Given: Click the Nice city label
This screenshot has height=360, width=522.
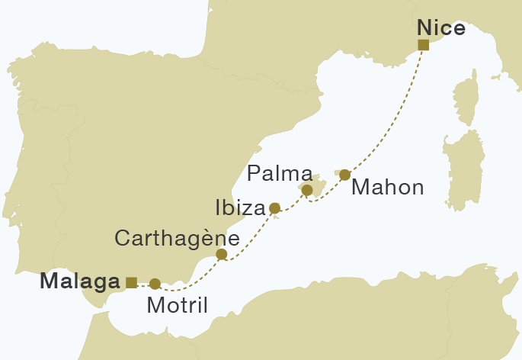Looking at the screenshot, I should click(x=441, y=28).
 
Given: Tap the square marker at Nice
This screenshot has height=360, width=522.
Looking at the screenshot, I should click(x=424, y=45).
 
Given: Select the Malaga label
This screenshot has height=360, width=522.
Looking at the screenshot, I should click(x=79, y=281).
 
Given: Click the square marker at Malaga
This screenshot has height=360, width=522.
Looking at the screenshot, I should click(x=131, y=282).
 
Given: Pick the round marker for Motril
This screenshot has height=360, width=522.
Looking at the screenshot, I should click(x=155, y=284).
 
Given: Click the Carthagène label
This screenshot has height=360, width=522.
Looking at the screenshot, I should click(x=178, y=238).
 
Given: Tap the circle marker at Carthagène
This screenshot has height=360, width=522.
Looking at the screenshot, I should click(x=222, y=254).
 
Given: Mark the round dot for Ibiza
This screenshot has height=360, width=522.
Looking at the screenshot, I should click(x=275, y=207).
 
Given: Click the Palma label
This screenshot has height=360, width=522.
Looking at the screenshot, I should click(x=280, y=173).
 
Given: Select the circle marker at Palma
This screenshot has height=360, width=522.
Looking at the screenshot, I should click(x=307, y=190).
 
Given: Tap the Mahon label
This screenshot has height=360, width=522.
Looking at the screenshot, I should click(x=388, y=188).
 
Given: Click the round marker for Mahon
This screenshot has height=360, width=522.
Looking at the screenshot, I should click(x=344, y=175).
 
